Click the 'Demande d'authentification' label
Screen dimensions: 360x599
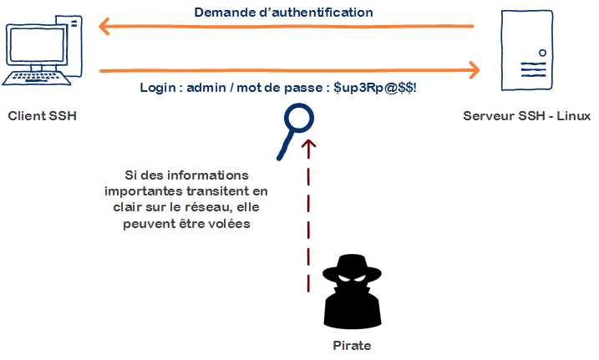point(283,13)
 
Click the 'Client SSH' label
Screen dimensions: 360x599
point(42,115)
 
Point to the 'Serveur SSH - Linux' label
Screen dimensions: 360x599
point(526,115)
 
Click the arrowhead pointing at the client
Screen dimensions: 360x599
point(104,27)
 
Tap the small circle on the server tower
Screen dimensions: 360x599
point(542,52)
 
